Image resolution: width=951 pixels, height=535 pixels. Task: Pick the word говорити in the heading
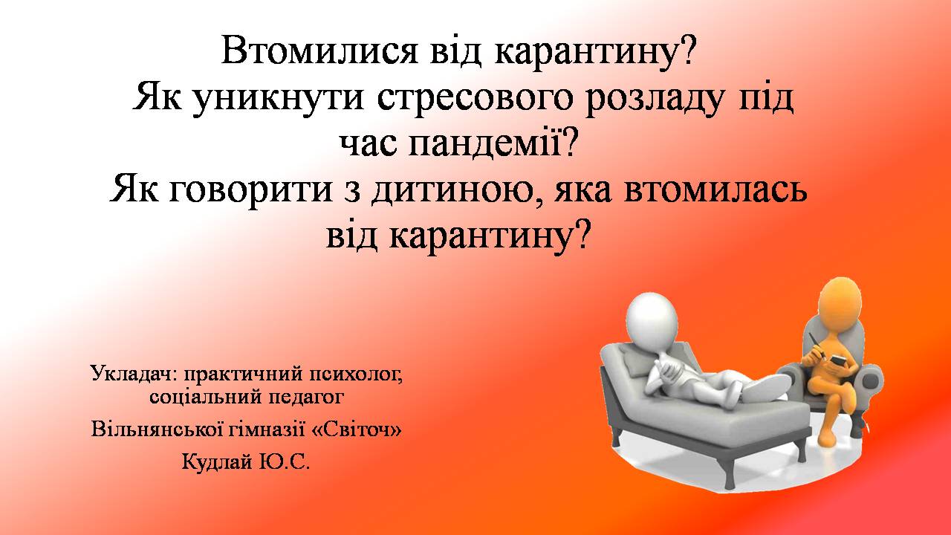click(x=250, y=190)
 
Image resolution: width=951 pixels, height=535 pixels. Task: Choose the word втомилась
click(x=715, y=189)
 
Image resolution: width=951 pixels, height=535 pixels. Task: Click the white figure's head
click(x=652, y=320)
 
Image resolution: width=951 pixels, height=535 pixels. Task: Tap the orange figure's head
click(x=840, y=302)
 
